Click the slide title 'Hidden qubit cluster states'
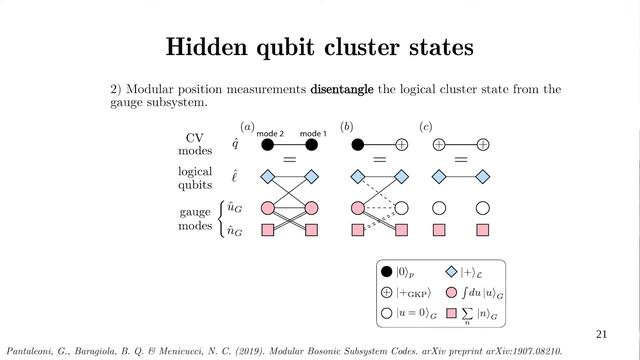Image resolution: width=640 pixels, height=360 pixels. pyautogui.click(x=320, y=47)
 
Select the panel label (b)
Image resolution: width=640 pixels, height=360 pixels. pyautogui.click(x=347, y=126)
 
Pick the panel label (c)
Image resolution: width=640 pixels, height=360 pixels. pyautogui.click(x=425, y=126)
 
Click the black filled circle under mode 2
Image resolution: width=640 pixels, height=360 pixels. pyautogui.click(x=267, y=145)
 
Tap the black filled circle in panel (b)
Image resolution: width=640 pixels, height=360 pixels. pyautogui.click(x=357, y=145)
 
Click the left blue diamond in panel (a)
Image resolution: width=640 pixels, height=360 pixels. pyautogui.click(x=267, y=177)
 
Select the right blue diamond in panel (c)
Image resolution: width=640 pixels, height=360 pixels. pyautogui.click(x=483, y=177)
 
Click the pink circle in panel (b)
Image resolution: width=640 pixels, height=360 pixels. pyautogui.click(x=357, y=208)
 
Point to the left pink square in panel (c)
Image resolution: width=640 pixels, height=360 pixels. pyautogui.click(x=438, y=231)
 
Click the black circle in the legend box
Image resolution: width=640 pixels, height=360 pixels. pyautogui.click(x=386, y=271)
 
